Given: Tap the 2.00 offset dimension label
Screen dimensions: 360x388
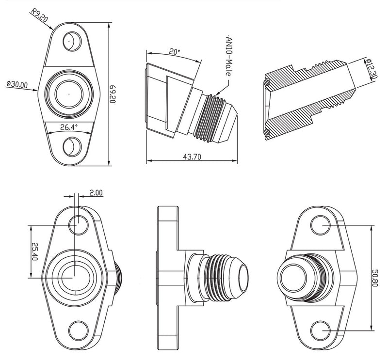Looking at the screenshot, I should [97, 192].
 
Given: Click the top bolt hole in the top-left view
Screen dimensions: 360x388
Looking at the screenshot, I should [72, 41].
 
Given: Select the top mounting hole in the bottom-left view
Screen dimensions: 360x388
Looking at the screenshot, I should [77, 224].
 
